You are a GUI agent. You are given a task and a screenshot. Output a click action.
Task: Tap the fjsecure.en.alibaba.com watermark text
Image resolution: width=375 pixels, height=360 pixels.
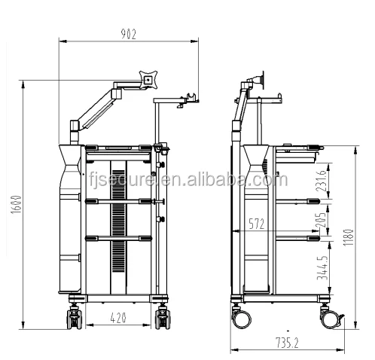point(187,180)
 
